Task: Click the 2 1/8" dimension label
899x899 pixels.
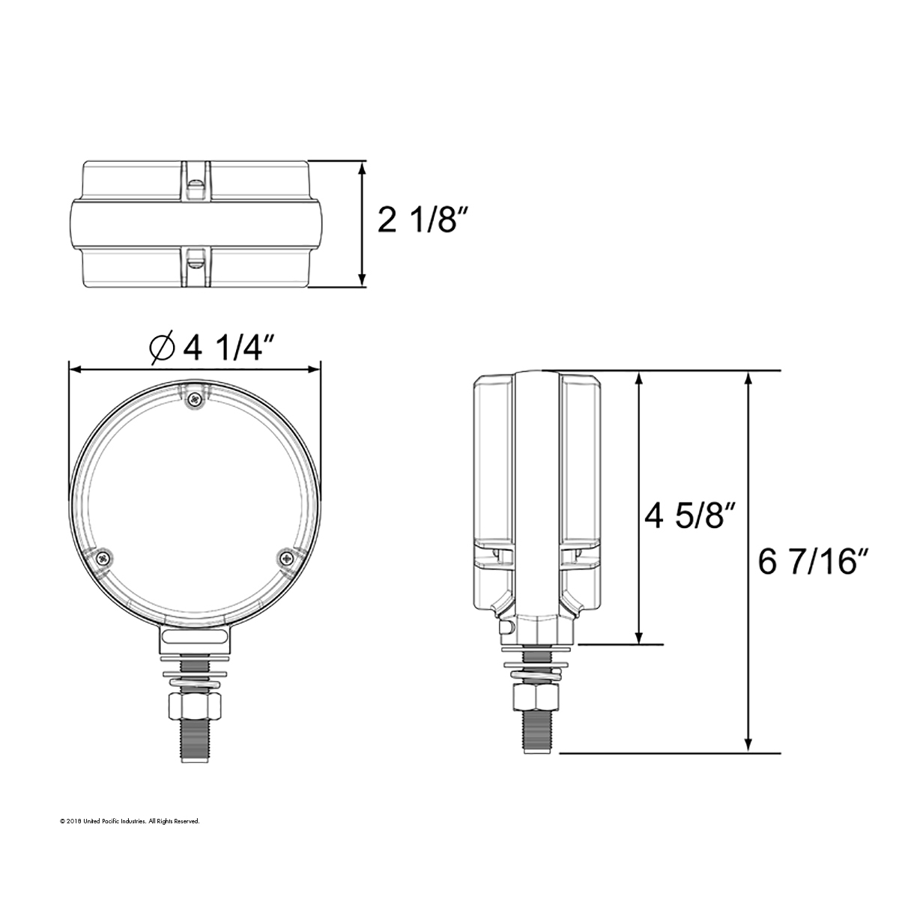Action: pos(423,221)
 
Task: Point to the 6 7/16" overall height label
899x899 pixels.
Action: pos(813,563)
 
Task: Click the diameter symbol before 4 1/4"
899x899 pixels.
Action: pos(163,347)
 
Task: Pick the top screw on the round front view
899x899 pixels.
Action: pos(195,398)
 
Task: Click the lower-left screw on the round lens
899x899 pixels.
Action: pos(102,557)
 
